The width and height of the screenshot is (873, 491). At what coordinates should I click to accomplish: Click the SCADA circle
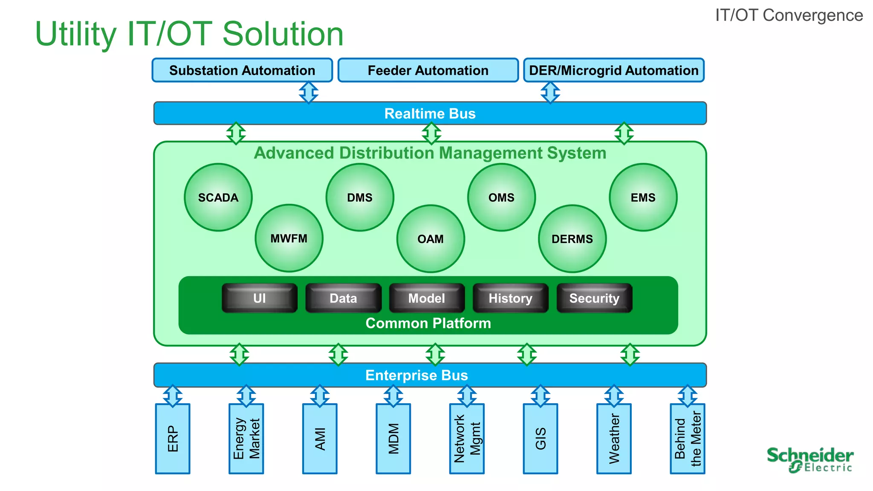pos(218,197)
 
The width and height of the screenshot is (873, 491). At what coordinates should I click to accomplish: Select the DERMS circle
pos(572,239)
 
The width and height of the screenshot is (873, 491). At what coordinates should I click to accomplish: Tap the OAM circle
pos(431,239)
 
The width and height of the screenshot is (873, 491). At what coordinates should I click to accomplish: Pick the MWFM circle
pos(289,238)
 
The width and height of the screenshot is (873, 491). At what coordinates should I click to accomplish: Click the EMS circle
pos(643,197)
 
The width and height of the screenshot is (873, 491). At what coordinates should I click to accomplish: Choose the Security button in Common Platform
pos(594,298)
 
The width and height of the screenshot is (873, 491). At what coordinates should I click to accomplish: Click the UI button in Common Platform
pos(259,298)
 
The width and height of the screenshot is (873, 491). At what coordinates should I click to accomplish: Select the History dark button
pos(510,298)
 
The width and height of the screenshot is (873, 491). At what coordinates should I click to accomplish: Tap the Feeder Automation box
pos(428,70)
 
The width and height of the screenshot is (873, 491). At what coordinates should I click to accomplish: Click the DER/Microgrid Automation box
pos(613,70)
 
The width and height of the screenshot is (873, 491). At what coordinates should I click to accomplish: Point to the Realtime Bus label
pos(430,113)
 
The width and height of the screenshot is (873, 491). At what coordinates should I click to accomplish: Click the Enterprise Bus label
pos(416,375)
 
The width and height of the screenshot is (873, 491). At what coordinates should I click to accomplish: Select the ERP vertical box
pos(173,439)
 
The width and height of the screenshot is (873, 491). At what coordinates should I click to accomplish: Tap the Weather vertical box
pos(614,439)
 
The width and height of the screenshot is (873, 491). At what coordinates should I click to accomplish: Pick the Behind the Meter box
pos(687,439)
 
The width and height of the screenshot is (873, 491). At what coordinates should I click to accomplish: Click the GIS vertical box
pos(540,439)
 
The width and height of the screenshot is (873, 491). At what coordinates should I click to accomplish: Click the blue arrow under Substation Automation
pos(309,92)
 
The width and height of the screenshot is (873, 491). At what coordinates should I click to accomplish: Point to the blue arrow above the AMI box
pos(320,396)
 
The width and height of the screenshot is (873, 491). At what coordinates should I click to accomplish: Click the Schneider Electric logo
pos(809,459)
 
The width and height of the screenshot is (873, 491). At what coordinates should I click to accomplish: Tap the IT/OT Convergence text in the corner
pos(789,15)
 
